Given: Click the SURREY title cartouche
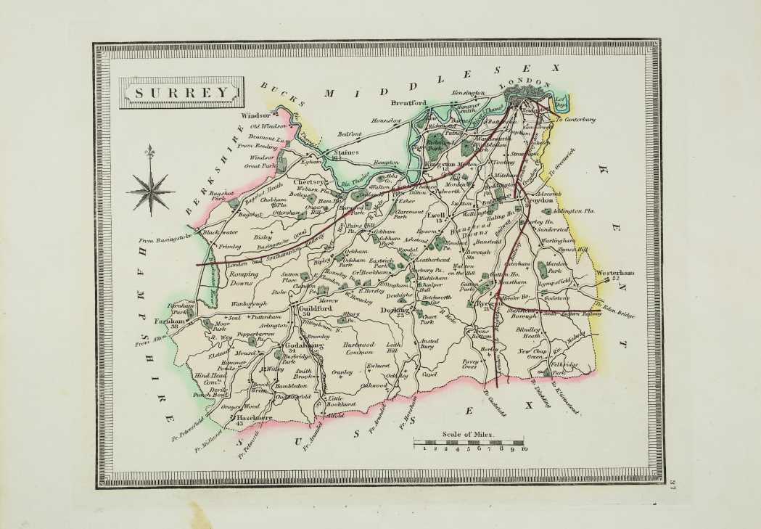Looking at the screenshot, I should coord(179,93).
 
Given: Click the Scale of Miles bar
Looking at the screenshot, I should coord(468,441).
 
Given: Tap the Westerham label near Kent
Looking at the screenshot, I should coord(615,273).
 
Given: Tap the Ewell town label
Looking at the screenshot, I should coord(435,216).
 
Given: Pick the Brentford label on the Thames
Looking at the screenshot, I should coord(406,103).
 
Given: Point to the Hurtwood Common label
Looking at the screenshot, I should coord(361,350).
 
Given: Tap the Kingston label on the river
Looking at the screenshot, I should coord(440,165).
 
